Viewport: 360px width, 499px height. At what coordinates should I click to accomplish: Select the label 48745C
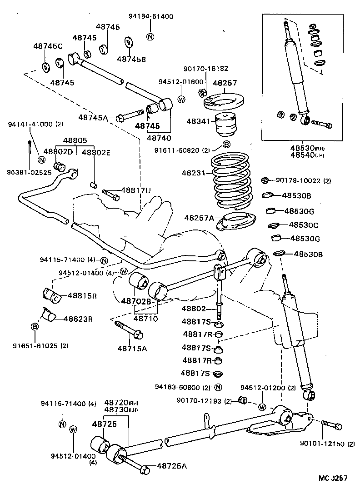tap(48, 46)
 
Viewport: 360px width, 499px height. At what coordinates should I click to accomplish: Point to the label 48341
tap(200, 121)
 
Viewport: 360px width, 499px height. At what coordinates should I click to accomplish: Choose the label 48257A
tap(199, 218)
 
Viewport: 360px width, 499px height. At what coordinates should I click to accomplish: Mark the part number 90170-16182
tap(205, 69)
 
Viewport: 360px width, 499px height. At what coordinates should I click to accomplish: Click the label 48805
tap(75, 141)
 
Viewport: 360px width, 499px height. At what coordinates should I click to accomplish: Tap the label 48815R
tap(82, 295)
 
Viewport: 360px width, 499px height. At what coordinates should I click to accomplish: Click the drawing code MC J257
tap(333, 478)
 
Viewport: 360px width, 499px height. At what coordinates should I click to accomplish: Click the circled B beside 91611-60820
tap(226, 145)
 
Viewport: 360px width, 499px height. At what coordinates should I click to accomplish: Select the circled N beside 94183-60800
tap(218, 388)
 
